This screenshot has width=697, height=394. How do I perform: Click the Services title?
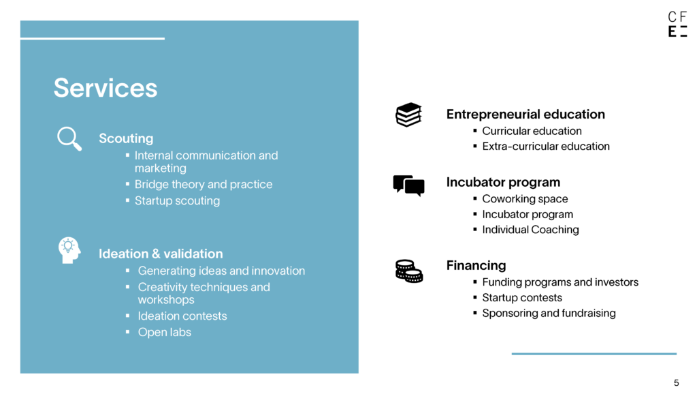coord(106,88)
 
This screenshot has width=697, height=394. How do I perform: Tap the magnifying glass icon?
coord(68,138)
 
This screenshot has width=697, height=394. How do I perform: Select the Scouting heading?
coord(126,138)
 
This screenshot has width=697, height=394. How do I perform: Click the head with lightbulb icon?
coord(69,249)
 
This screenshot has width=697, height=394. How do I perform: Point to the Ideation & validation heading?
coord(161,254)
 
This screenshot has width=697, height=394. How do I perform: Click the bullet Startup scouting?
coord(177,201)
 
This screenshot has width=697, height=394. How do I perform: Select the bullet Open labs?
coord(165,332)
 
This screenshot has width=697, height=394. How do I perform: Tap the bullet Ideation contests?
coord(182,316)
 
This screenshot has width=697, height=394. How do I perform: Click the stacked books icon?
coord(408,115)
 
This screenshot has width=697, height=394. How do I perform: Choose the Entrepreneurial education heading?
coord(525,115)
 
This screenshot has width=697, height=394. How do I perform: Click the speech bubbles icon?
coord(408,185)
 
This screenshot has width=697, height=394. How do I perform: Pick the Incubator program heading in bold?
coord(503,182)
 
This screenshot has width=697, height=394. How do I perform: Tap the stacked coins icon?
coord(409,271)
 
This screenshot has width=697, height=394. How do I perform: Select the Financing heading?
coord(476,265)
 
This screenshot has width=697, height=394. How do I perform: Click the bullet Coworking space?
coord(525,199)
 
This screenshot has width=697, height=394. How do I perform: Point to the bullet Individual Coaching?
coord(530,230)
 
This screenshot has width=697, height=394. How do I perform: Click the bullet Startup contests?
coord(522,298)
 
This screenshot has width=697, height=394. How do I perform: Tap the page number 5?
coord(676,383)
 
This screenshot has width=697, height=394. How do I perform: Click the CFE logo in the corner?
coord(677,24)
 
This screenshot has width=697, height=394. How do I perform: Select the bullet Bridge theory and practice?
coord(204,184)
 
